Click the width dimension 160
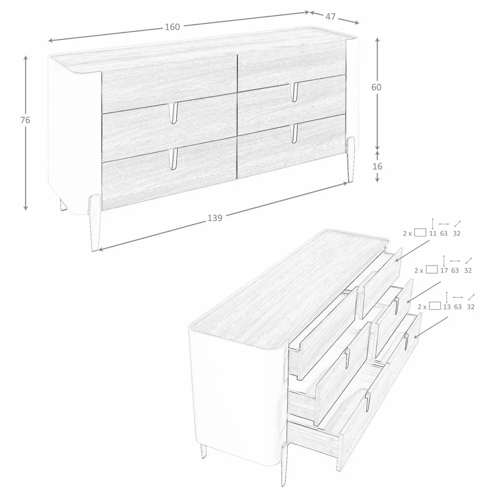pyautogui.click(x=172, y=27)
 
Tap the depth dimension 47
pyautogui.click(x=331, y=17)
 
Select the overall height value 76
pyautogui.click(x=26, y=120)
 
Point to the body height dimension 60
pyautogui.click(x=376, y=87)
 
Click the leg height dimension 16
pyautogui.click(x=377, y=166)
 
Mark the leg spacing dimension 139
pyautogui.click(x=215, y=218)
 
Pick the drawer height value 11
pyautogui.click(x=432, y=233)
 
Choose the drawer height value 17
pyautogui.click(x=444, y=270)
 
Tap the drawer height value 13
pyautogui.click(x=447, y=306)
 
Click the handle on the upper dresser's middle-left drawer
pyautogui.click(x=175, y=113)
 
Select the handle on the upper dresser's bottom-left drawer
pyautogui.click(x=174, y=158)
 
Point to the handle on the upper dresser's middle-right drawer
pyautogui.click(x=294, y=91)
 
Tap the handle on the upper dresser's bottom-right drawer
pyautogui.click(x=294, y=132)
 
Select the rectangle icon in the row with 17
pyautogui.click(x=431, y=270)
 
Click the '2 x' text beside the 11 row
pyautogui.click(x=407, y=233)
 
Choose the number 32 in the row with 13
pyautogui.click(x=471, y=306)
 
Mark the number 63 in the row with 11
pyautogui.click(x=444, y=233)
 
